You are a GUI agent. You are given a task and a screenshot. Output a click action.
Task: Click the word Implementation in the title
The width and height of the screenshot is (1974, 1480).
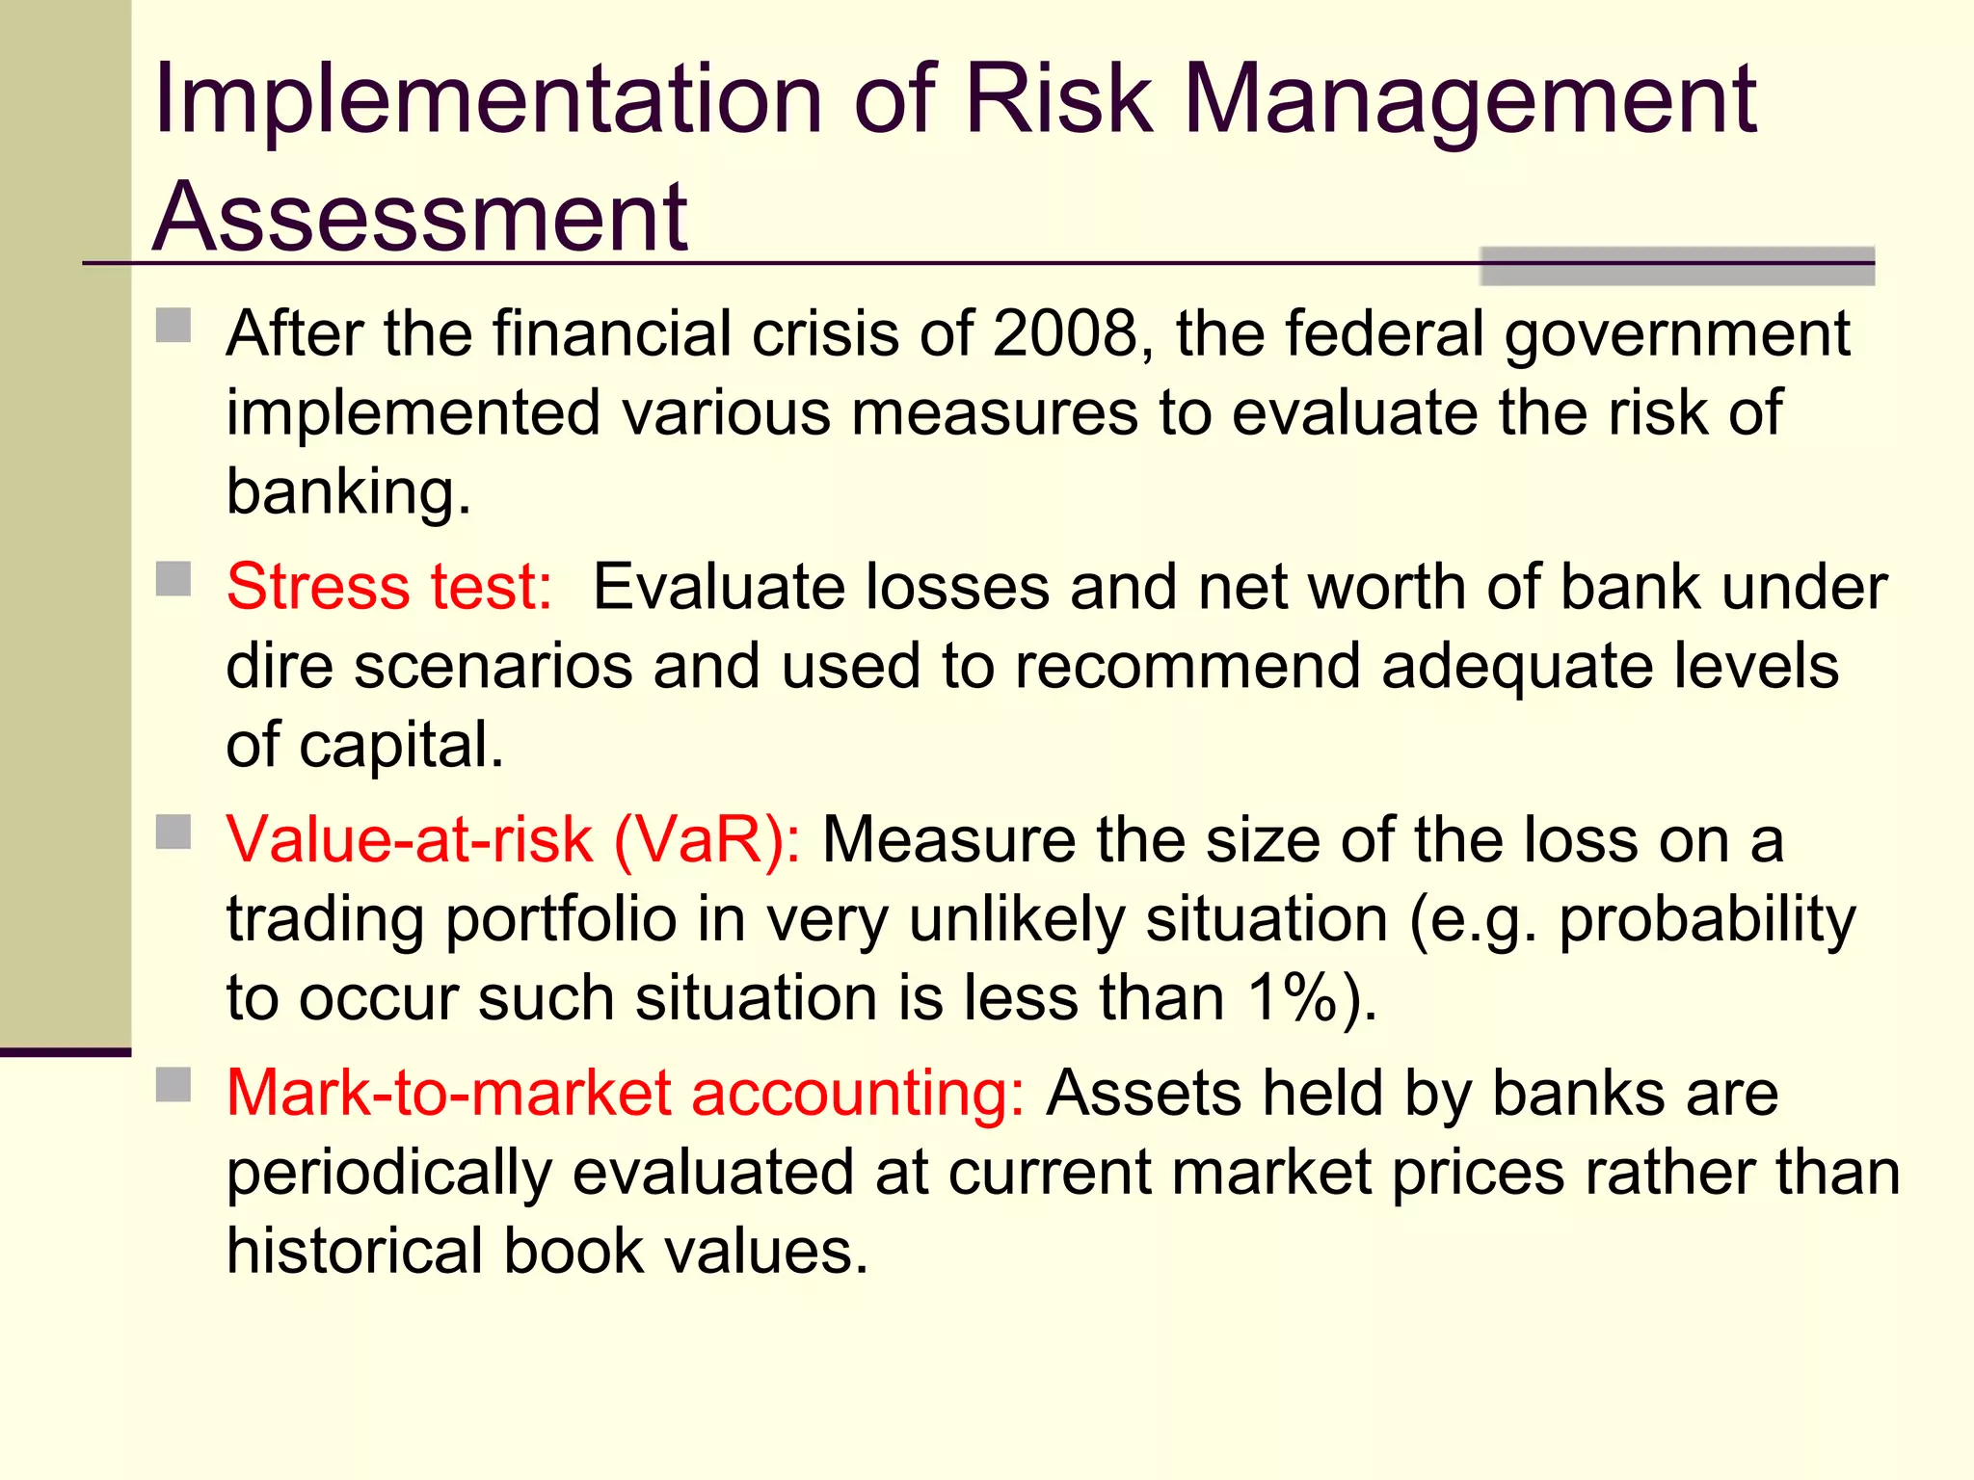click(x=488, y=99)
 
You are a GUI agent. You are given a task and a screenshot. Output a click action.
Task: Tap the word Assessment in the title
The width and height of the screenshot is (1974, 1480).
click(x=420, y=218)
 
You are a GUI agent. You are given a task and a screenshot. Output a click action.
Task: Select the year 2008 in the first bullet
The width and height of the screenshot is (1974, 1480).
click(x=1066, y=334)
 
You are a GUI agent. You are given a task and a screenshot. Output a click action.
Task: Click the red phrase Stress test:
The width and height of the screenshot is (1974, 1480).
click(x=389, y=587)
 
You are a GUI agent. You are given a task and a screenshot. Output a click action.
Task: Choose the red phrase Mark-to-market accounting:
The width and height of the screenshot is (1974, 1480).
click(x=626, y=1094)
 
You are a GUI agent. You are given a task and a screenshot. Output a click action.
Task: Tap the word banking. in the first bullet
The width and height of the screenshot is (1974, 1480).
click(x=348, y=491)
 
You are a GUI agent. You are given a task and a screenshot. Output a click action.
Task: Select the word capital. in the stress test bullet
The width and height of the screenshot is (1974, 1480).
click(x=401, y=745)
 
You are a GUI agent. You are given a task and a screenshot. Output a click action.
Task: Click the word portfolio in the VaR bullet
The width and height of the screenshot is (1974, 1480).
click(x=561, y=918)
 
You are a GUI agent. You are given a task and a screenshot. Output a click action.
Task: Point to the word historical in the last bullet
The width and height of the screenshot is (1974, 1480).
click(x=354, y=1251)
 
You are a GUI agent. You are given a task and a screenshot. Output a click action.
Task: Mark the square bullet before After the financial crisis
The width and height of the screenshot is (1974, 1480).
click(x=173, y=326)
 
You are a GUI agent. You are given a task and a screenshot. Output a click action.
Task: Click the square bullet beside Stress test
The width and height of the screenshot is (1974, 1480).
click(x=173, y=579)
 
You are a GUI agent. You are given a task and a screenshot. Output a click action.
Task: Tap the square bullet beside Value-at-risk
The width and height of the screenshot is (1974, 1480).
click(x=173, y=832)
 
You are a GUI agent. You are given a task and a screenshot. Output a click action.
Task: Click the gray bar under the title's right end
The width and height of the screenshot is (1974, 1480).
click(x=1676, y=268)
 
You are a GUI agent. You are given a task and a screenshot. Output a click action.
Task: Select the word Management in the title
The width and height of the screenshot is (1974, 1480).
click(x=1469, y=99)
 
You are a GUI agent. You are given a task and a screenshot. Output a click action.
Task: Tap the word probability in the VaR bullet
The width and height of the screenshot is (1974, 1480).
click(x=1706, y=920)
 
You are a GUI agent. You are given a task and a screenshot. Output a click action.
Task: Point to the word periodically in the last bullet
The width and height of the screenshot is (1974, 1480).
click(x=388, y=1174)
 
